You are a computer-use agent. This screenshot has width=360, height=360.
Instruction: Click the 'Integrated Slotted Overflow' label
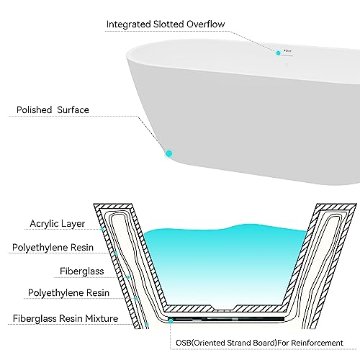pyautogui.click(x=166, y=24)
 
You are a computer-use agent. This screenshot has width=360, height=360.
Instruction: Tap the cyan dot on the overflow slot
pyautogui.click(x=279, y=53)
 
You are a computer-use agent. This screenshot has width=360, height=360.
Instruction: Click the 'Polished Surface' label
pyautogui.click(x=53, y=110)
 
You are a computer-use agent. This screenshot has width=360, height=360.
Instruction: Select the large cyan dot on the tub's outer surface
pyautogui.click(x=169, y=153)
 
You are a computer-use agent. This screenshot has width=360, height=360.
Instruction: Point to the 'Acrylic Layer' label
pyautogui.click(x=58, y=224)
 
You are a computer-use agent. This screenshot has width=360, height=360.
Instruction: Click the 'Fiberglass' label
pyautogui.click(x=82, y=271)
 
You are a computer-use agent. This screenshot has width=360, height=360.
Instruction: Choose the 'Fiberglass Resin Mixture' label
pyautogui.click(x=66, y=318)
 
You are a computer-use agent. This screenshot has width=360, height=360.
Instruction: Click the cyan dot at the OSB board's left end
pyautogui.click(x=171, y=320)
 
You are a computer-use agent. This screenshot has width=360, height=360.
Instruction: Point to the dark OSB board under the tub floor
pyautogui.click(x=227, y=320)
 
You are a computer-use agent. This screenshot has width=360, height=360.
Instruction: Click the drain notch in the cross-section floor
pyautogui.click(x=225, y=308)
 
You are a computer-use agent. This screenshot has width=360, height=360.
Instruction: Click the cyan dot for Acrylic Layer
pyautogui.click(x=102, y=229)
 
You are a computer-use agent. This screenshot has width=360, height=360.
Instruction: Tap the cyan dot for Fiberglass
pyautogui.click(x=128, y=277)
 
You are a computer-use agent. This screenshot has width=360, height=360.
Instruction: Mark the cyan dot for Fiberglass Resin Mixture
pyautogui.click(x=147, y=324)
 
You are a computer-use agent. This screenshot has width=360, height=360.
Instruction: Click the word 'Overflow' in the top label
pyautogui.click(x=206, y=24)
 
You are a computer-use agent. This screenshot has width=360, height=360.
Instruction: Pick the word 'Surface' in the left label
pyautogui.click(x=73, y=110)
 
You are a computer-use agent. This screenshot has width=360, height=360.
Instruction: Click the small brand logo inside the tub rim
pyautogui.click(x=287, y=51)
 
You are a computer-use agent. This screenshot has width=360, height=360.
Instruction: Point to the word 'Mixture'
pyautogui.click(x=102, y=318)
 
